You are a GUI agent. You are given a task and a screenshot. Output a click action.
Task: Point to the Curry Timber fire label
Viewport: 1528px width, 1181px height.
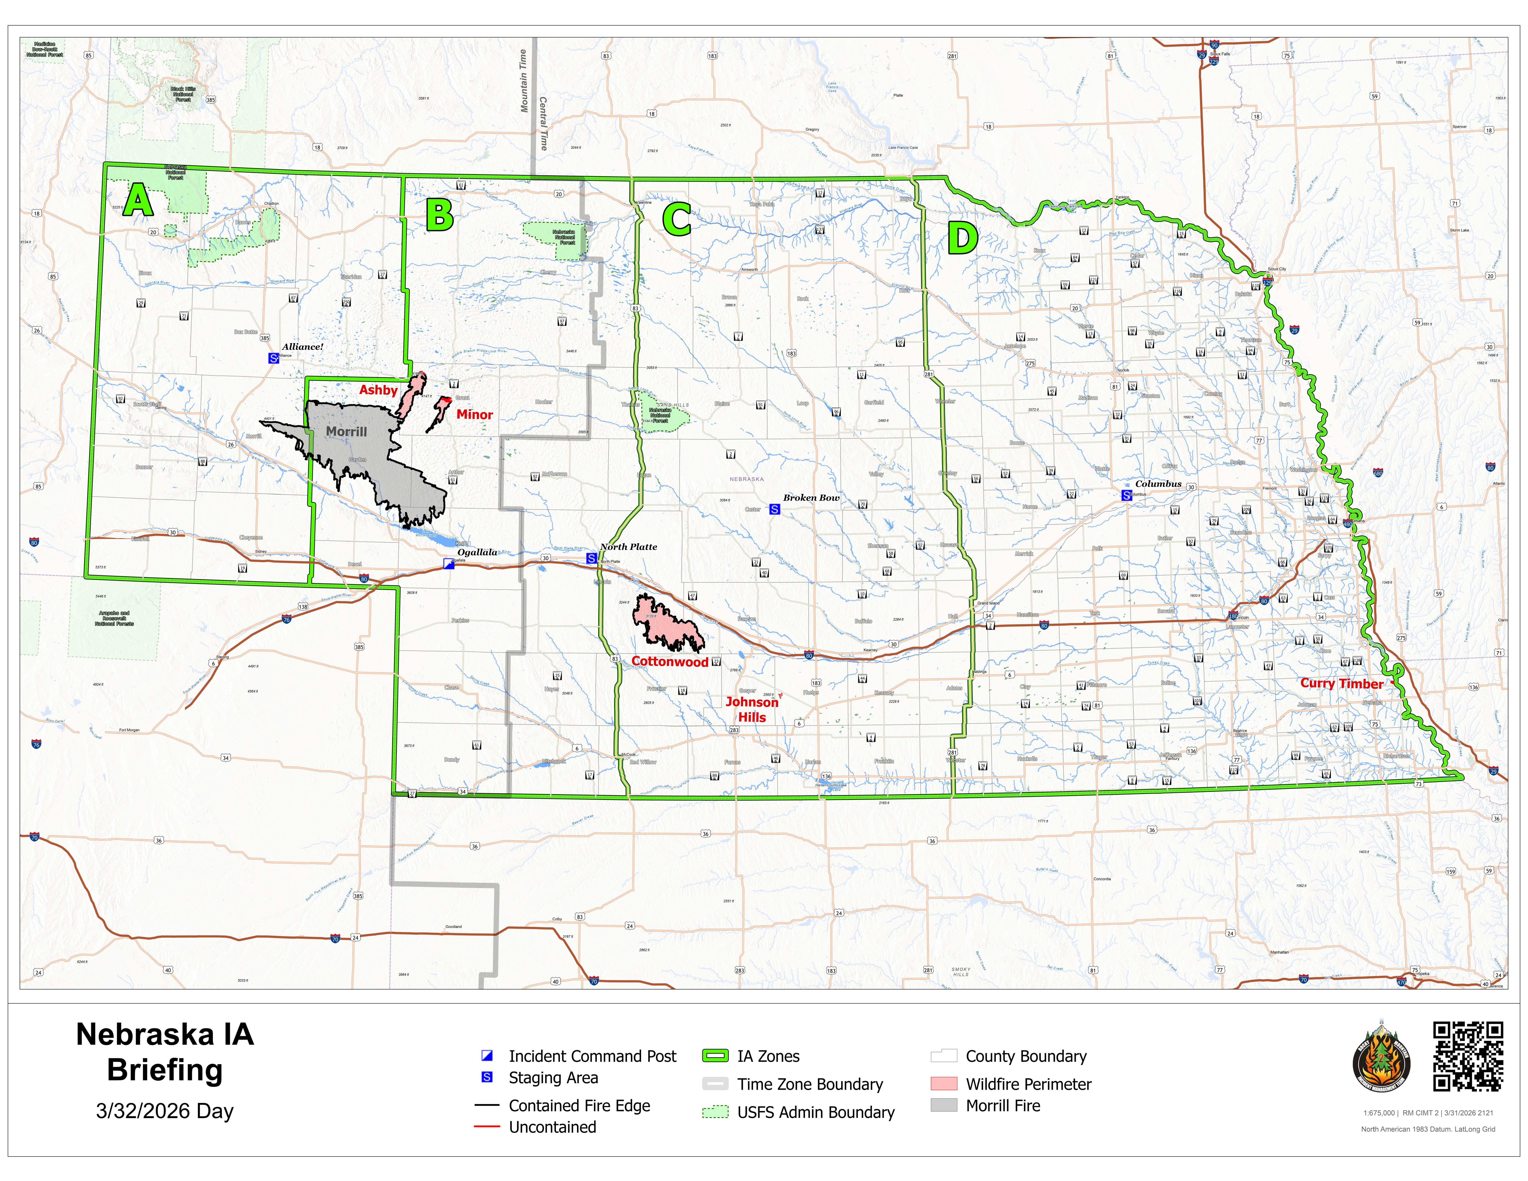point(1341,684)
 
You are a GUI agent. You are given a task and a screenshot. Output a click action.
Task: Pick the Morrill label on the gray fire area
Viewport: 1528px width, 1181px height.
point(346,432)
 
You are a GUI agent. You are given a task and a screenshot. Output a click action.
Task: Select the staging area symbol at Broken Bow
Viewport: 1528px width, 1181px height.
point(774,509)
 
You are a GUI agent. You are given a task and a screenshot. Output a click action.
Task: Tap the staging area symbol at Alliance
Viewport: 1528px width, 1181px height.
point(274,358)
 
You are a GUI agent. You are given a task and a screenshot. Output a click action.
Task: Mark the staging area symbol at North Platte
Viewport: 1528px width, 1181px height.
point(591,558)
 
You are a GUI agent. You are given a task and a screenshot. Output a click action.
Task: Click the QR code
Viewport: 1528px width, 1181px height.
point(1468,1056)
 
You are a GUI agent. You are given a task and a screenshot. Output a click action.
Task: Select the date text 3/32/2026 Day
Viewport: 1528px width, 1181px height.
point(165,1111)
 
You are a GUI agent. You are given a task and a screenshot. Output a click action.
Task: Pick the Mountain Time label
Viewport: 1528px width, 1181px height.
point(523,80)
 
